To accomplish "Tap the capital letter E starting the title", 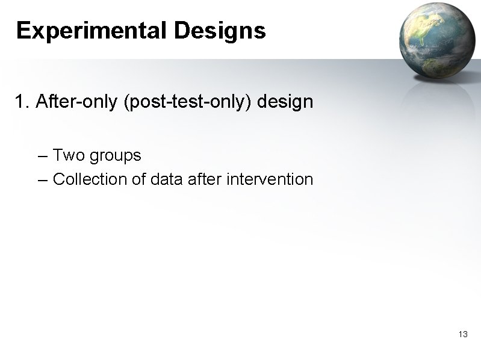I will (x=23, y=30).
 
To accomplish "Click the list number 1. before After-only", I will (x=22, y=102).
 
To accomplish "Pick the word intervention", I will (x=270, y=179).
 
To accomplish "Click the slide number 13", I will (x=463, y=334).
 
